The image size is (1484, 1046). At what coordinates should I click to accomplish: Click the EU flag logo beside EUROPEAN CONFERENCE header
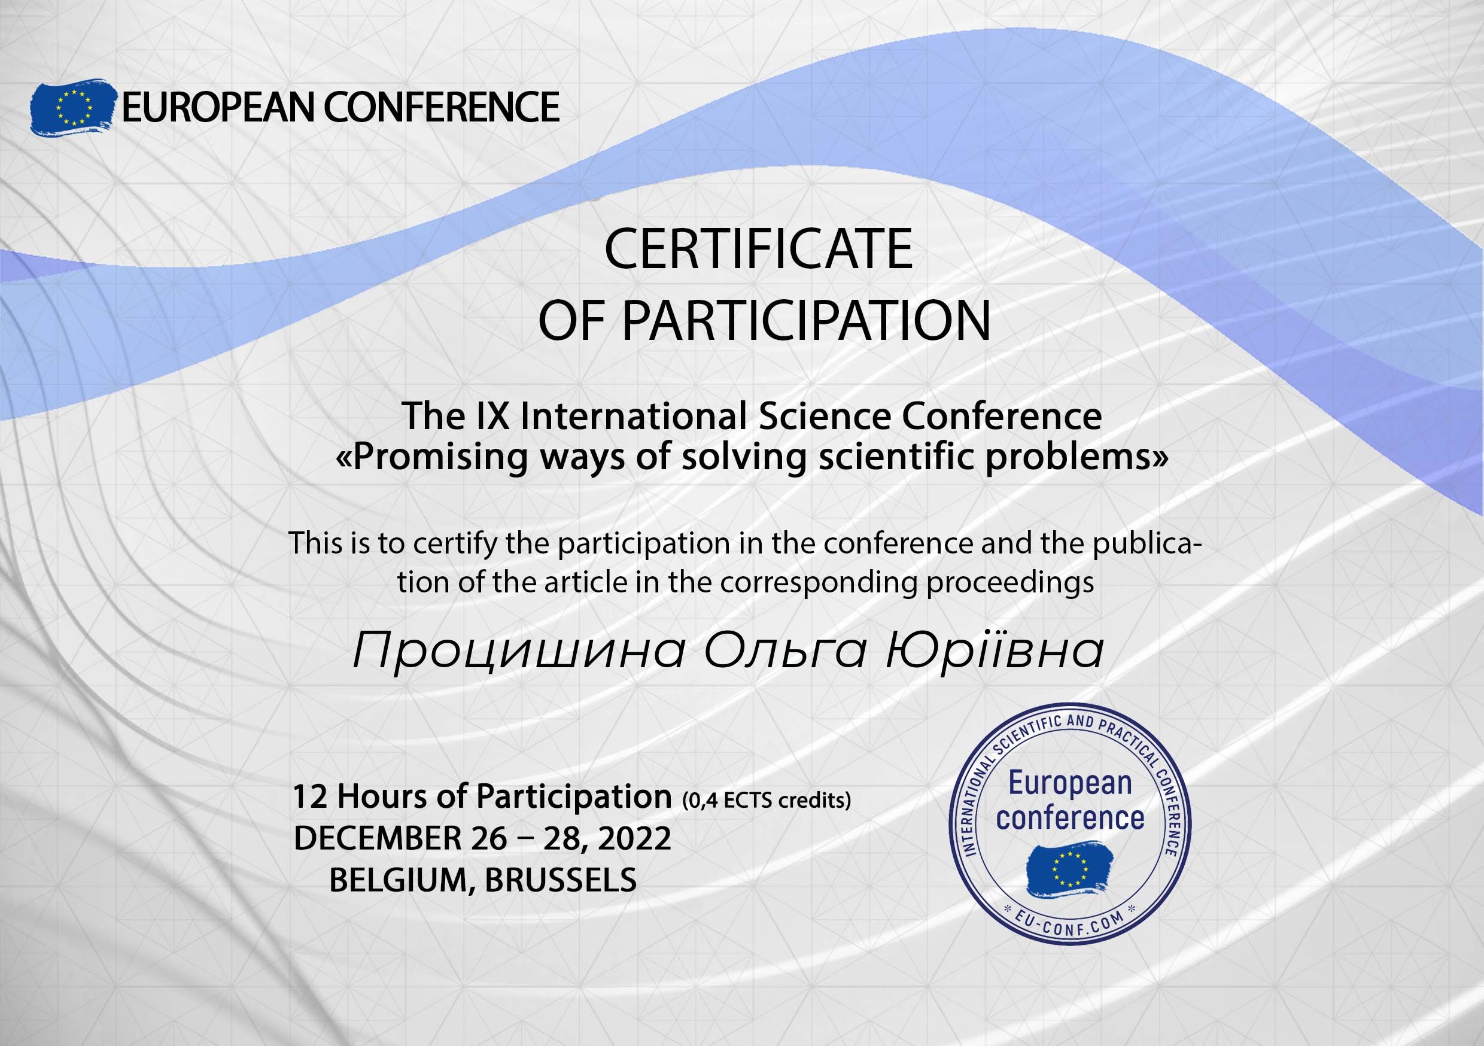tap(72, 107)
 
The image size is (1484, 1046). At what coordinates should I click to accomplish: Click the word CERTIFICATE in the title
tap(758, 250)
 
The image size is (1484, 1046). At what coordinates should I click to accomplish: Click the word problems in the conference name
tap(1071, 457)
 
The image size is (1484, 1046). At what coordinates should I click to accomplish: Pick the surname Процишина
tap(519, 651)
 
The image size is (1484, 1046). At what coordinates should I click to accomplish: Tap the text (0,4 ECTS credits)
tap(767, 800)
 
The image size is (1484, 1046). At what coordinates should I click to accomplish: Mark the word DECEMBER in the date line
tap(378, 838)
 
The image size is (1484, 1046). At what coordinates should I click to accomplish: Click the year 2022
tap(635, 838)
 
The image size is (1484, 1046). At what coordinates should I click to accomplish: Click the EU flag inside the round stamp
tap(1070, 869)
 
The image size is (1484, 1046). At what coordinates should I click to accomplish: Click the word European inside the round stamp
tap(1071, 783)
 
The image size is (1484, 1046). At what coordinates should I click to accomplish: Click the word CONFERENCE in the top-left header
tap(442, 107)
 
